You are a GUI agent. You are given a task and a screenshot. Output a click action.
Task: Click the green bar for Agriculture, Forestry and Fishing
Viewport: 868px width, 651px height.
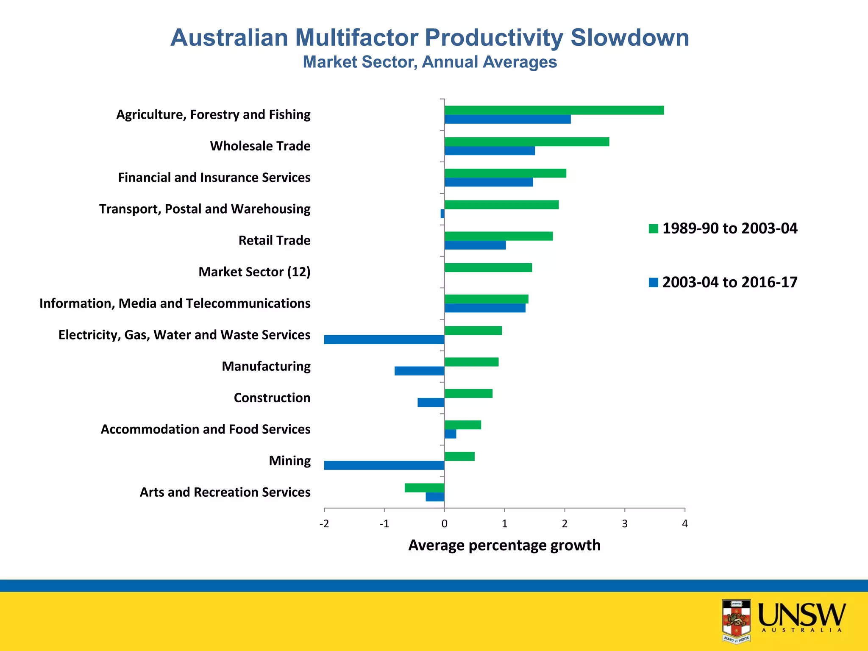click(554, 110)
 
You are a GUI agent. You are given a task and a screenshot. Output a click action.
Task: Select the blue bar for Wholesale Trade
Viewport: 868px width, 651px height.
click(490, 151)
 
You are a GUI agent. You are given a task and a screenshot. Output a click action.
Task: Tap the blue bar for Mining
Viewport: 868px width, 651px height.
click(384, 465)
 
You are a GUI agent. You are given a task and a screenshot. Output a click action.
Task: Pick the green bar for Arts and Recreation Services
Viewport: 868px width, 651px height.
click(424, 488)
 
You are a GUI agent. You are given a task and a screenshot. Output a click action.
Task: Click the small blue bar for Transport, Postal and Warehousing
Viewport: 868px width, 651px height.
click(442, 214)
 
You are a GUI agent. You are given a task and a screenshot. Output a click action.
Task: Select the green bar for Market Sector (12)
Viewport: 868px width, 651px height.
click(488, 267)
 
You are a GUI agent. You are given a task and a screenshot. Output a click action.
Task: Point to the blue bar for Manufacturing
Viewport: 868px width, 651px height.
click(419, 371)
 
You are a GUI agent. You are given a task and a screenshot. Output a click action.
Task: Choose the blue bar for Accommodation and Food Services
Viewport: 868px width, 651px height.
click(450, 434)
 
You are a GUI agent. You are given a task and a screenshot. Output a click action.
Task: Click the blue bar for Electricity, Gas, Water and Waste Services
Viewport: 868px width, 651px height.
click(384, 339)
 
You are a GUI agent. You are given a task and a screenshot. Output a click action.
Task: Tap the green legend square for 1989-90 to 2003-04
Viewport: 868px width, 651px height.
click(653, 229)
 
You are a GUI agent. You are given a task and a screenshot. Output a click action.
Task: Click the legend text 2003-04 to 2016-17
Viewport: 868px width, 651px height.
click(729, 282)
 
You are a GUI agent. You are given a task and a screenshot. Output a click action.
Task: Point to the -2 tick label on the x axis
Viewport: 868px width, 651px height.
click(324, 524)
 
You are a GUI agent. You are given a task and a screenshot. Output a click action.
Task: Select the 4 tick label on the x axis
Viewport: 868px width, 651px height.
click(684, 524)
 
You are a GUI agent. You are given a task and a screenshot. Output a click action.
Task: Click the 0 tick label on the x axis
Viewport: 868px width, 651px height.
click(444, 524)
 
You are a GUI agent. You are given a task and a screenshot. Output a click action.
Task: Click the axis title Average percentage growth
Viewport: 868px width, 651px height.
click(504, 545)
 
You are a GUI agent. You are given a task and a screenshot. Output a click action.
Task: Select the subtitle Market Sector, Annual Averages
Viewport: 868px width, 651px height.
click(429, 62)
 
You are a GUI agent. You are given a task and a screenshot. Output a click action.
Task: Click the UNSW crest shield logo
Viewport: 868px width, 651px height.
click(736, 620)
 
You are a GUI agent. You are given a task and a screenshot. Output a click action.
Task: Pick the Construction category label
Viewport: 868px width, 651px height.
click(272, 398)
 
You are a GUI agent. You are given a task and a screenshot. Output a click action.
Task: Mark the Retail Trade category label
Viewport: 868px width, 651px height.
click(274, 240)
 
